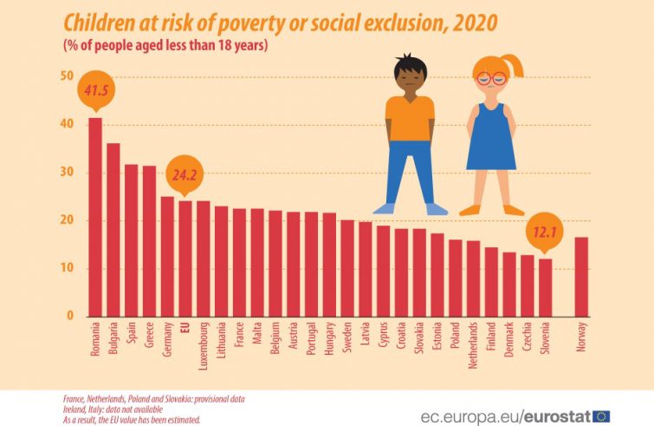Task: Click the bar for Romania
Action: (95, 217)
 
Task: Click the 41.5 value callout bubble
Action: (95, 90)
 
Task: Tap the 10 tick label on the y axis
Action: (67, 268)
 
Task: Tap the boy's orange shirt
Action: (410, 118)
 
